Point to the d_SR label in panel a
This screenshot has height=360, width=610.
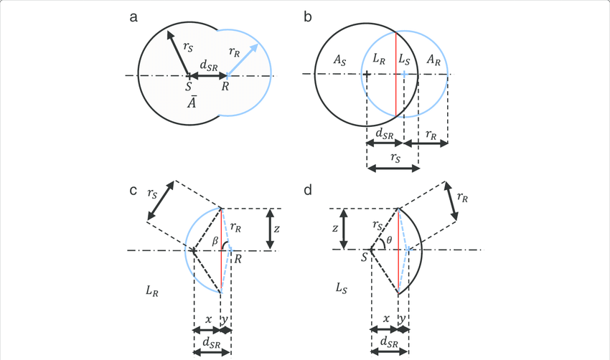208,65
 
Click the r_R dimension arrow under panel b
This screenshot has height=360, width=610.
426,143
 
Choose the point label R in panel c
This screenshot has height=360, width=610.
236,260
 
